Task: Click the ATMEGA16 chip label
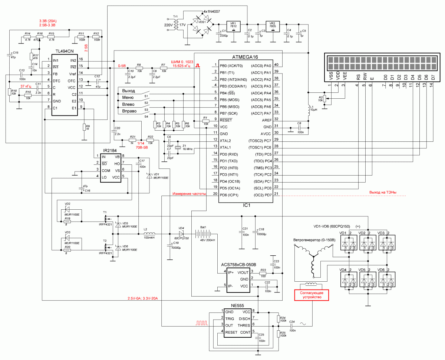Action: click(245, 57)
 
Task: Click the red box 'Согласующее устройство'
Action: click(311, 295)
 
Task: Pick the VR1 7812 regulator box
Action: click(234, 25)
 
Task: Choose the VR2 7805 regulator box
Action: click(273, 25)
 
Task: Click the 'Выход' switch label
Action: click(128, 91)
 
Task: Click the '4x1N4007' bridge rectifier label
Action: click(211, 12)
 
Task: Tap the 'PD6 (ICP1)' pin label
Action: click(230, 195)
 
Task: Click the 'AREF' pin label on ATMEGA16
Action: click(266, 120)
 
